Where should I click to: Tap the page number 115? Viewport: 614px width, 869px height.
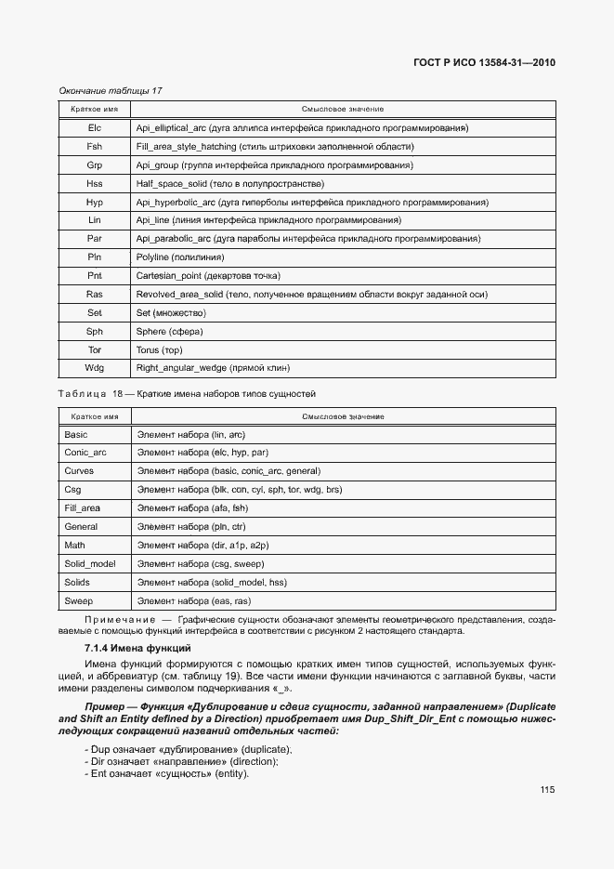(546, 790)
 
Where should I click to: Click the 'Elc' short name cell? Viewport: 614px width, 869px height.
(94, 127)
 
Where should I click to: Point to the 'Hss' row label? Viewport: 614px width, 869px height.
(94, 183)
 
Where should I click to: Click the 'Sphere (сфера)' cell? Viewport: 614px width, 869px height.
(170, 332)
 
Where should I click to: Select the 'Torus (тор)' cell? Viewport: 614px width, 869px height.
(160, 350)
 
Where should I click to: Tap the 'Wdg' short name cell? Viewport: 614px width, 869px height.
(94, 369)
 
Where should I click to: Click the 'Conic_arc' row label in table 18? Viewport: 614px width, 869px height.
(85, 453)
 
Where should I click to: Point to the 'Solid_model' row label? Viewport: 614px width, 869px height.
(90, 564)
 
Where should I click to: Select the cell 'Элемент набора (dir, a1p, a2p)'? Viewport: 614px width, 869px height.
(202, 546)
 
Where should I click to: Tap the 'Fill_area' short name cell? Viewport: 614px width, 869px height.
(83, 508)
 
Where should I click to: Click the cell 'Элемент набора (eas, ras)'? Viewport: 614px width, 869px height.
(193, 601)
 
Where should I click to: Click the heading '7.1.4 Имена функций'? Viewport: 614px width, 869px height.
(137, 647)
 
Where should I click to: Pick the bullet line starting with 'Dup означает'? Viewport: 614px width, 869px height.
(187, 749)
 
